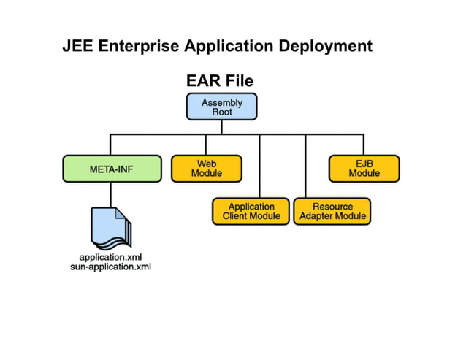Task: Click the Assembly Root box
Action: click(221, 107)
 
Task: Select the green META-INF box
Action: click(111, 169)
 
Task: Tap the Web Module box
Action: click(207, 168)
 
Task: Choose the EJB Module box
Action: click(364, 168)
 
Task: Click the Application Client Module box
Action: click(251, 211)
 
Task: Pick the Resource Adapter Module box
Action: click(332, 211)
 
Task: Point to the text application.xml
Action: click(111, 258)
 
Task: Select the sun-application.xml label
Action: click(111, 267)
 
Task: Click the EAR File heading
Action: click(220, 81)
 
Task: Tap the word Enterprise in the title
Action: click(139, 47)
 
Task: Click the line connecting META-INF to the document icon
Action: click(111, 194)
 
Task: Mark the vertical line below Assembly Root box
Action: click(221, 127)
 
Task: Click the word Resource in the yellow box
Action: click(333, 207)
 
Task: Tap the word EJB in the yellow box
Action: click(364, 164)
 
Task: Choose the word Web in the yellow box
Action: click(207, 164)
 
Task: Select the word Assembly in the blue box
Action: click(221, 102)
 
